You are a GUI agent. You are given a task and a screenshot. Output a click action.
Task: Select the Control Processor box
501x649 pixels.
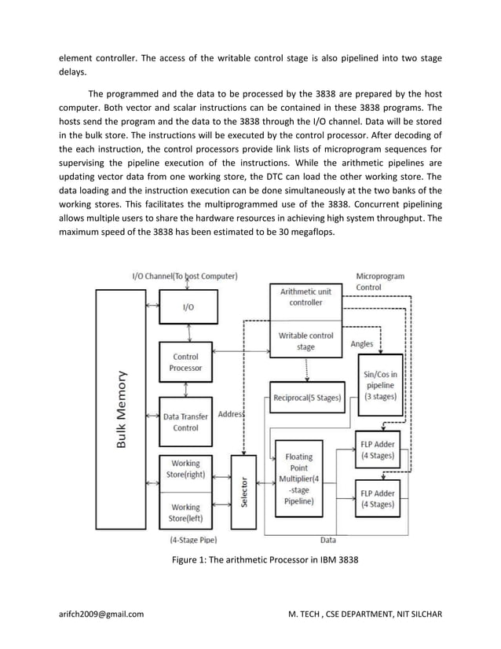click(x=185, y=362)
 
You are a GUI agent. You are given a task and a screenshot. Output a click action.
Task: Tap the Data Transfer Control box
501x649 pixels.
click(x=185, y=422)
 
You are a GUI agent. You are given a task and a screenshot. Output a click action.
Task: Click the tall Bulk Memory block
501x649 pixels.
click(x=119, y=409)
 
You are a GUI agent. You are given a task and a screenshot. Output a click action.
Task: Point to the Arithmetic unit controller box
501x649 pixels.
click(x=305, y=297)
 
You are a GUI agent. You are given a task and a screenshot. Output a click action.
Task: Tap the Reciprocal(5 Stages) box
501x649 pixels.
click(x=306, y=398)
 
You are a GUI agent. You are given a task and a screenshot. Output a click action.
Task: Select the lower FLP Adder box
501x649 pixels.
click(x=377, y=498)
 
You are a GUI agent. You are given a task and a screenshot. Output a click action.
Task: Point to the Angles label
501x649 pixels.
click(x=361, y=343)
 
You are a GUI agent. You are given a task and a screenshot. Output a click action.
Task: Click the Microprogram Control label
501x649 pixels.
click(x=381, y=282)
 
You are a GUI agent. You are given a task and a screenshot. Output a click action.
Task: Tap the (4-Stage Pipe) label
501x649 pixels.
click(x=193, y=540)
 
